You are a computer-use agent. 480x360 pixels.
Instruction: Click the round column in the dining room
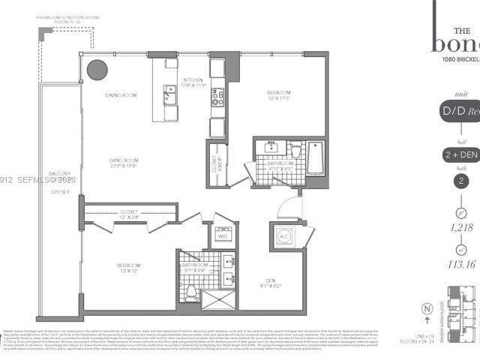coord(97,70)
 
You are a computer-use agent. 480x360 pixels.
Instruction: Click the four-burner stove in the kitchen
coord(217,96)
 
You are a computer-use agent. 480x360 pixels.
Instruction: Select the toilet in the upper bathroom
coord(295,151)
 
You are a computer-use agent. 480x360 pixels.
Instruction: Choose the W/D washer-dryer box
coord(223,234)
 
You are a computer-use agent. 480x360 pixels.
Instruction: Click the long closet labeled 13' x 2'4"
coord(129,215)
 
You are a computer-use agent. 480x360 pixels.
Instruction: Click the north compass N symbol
coord(426,308)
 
